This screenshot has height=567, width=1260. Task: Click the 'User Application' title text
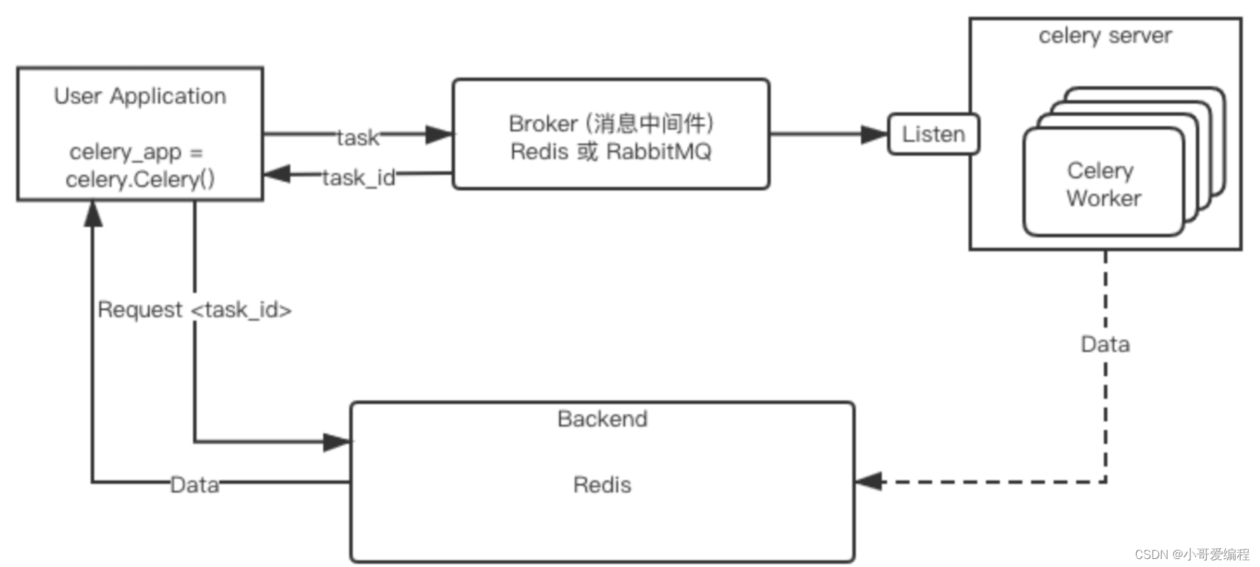pos(140,96)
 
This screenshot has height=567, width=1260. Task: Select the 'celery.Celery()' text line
pos(140,179)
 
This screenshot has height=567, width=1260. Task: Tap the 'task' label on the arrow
pos(357,137)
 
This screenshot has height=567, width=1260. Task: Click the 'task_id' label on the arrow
pos(359,177)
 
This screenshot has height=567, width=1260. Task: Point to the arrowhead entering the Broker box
pos(440,134)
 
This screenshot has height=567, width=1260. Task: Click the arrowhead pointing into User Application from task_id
pos(277,174)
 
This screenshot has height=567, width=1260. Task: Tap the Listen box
pos(933,134)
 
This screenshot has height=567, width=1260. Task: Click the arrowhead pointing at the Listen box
pos(874,134)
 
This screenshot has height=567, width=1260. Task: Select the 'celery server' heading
pos(1105,35)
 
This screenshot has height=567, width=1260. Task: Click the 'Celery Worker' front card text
pos(1103,184)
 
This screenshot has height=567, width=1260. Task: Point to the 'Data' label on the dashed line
pos(1105,344)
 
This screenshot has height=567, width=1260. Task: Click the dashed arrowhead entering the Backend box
pos(869,481)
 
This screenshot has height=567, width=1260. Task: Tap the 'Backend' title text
pos(602,419)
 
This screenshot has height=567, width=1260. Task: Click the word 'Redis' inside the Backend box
pos(602,485)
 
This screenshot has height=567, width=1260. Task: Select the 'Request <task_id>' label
pos(194,310)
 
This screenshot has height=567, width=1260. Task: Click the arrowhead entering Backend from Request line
pos(337,442)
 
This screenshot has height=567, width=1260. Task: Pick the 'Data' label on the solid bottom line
pos(194,485)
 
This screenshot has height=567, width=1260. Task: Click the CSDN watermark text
pos(1192,554)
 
